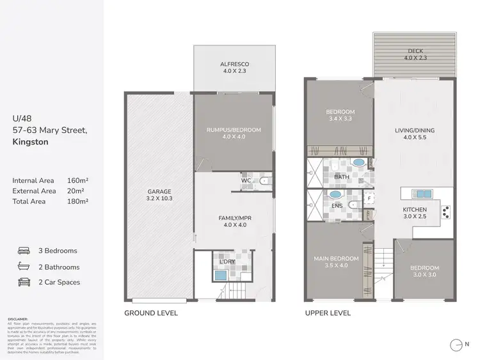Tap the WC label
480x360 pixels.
[246, 181]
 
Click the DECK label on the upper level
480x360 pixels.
[415, 51]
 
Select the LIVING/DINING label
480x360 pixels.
[415, 130]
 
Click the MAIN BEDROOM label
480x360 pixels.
[335, 258]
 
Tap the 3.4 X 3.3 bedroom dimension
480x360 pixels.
[340, 119]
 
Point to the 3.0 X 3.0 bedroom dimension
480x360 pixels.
[425, 276]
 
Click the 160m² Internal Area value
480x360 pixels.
[77, 181]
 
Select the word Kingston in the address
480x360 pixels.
[30, 143]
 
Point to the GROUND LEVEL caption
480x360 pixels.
[150, 313]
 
